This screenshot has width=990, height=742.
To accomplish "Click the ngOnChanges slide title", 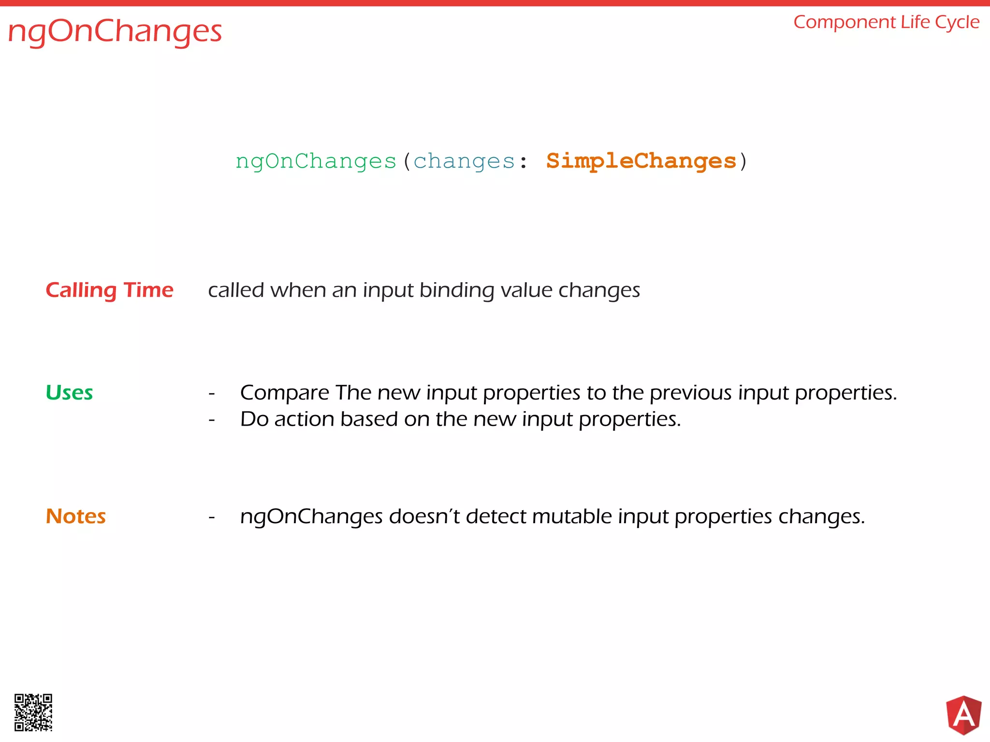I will (x=115, y=32).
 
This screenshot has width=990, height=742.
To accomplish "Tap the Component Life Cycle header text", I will (x=886, y=22).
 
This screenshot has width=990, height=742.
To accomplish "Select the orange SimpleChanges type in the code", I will (x=641, y=161).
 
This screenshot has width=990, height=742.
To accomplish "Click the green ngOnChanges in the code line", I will (x=316, y=161).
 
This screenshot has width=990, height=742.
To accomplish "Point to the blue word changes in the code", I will (x=464, y=161).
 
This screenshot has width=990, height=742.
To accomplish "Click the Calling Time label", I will (x=109, y=290).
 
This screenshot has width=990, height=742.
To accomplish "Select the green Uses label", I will (x=69, y=392).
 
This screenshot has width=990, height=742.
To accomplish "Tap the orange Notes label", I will (x=76, y=516).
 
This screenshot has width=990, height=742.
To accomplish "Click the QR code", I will (x=33, y=713).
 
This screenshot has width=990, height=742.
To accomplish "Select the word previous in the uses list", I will (x=690, y=393).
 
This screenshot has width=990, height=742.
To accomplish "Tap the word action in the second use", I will (x=304, y=419).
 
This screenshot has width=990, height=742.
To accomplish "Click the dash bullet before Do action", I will (x=212, y=420).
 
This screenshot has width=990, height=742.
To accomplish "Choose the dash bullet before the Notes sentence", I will (x=212, y=517).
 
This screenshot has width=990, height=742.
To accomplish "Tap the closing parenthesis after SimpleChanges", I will (x=743, y=161).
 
